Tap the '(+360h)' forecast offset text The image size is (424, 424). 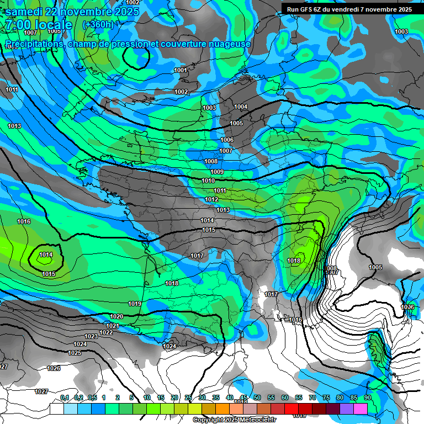pyautogui.click(x=98, y=24)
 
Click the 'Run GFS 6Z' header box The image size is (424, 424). pyautogui.click(x=349, y=9)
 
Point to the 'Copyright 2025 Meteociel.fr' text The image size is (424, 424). pyautogui.click(x=235, y=420)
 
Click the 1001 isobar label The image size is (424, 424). pyautogui.click(x=181, y=70)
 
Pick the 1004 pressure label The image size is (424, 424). pyautogui.click(x=241, y=107)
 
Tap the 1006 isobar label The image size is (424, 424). pyautogui.click(x=227, y=140)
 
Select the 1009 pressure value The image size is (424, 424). pyautogui.click(x=217, y=172)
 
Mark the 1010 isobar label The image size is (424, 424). pyautogui.click(x=208, y=181)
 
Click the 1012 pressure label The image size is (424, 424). pyautogui.click(x=211, y=199)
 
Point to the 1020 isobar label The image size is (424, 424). pyautogui.click(x=116, y=316)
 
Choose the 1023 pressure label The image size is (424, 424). pyautogui.click(x=91, y=336)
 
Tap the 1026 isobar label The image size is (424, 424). pyautogui.click(x=54, y=368)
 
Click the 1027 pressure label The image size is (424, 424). pyautogui.click(x=41, y=391)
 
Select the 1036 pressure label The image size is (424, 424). pyautogui.click(x=407, y=307)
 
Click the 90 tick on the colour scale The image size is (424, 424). pyautogui.click(x=367, y=397)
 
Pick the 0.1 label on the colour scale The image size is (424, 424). pyautogui.click(x=65, y=397)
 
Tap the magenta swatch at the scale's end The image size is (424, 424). pyautogui.click(x=361, y=409)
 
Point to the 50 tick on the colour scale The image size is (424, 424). pyautogui.click(x=257, y=397)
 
